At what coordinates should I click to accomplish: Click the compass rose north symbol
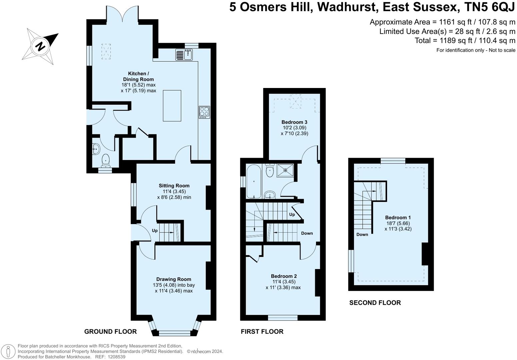[x=40, y=46]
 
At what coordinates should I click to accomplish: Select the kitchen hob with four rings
[x=204, y=112]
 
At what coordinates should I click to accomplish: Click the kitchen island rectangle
[x=172, y=106]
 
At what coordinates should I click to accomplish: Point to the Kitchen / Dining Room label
[x=138, y=76]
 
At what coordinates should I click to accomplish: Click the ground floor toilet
[x=106, y=160]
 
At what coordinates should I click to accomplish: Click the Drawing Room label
[x=174, y=279]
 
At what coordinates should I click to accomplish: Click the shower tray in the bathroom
[x=285, y=170]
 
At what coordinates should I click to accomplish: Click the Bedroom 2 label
[x=284, y=276]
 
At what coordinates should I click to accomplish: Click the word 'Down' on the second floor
[x=362, y=234]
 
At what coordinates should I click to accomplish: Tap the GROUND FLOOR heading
[x=110, y=331]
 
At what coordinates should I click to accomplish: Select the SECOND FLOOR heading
[x=375, y=303]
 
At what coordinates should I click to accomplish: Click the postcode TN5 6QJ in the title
[x=486, y=7]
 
